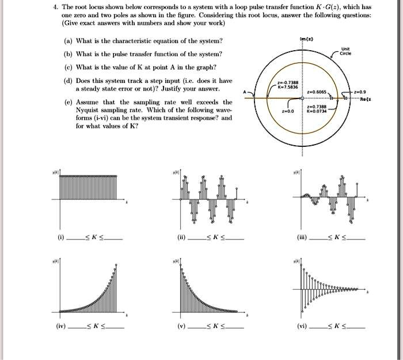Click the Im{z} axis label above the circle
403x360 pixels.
click(306, 39)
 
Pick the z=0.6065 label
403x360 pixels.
click(319, 92)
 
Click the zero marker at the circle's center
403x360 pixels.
click(306, 97)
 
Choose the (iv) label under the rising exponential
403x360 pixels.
click(61, 326)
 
